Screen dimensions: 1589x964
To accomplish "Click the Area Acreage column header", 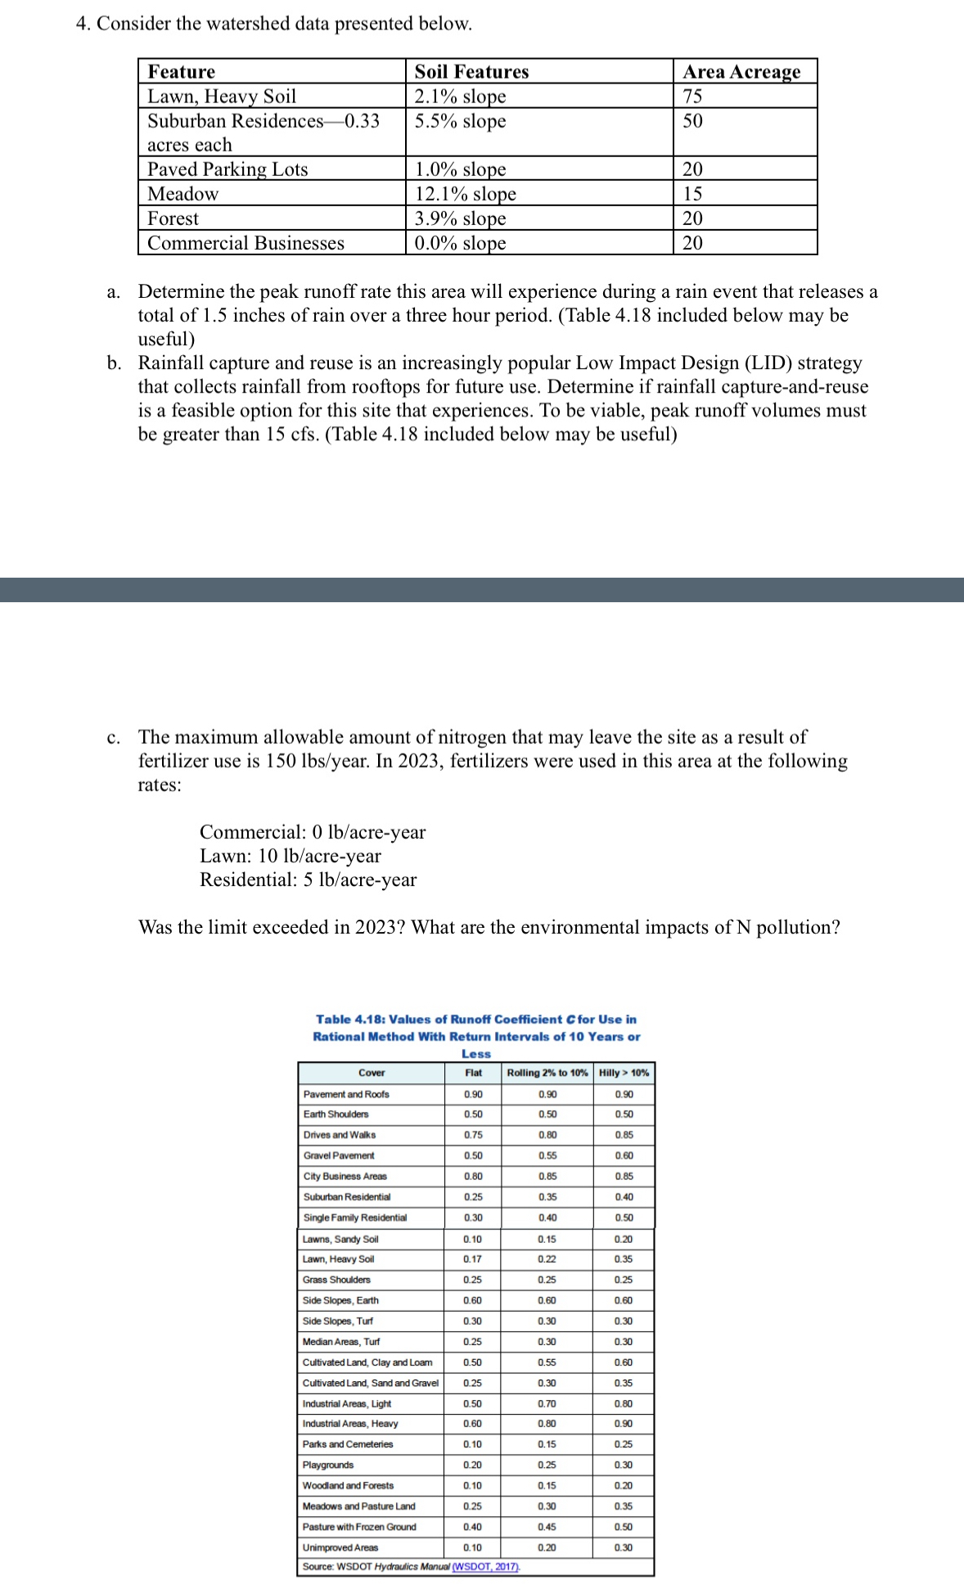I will tap(741, 72).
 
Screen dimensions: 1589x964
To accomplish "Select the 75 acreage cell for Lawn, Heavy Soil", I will tap(692, 97).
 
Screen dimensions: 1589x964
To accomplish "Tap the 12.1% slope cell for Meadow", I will tap(465, 194).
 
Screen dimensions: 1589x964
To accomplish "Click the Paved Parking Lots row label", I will tap(227, 169).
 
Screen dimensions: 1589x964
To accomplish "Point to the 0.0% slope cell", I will tap(460, 243).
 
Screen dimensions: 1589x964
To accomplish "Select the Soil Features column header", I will tap(471, 72).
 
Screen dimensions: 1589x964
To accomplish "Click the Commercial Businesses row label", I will tap(246, 243).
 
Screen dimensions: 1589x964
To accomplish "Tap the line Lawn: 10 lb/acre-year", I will tap(291, 856).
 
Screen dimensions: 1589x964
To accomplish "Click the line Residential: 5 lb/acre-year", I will tap(308, 880).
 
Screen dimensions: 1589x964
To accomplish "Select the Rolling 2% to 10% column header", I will tap(547, 1073).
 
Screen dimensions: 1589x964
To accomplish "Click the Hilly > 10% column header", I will tap(624, 1073).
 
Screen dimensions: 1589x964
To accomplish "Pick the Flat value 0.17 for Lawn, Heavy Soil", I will tap(472, 1258).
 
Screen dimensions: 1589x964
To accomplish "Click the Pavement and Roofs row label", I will tap(346, 1094).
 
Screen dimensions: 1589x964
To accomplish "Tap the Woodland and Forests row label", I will tap(348, 1485).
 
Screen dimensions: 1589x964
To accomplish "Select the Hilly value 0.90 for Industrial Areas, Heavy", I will tap(623, 1424).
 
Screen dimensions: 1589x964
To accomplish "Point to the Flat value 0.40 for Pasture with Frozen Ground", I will tap(472, 1527).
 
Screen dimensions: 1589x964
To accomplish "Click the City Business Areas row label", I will tap(345, 1176).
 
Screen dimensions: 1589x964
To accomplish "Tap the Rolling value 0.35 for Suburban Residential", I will tap(547, 1196).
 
